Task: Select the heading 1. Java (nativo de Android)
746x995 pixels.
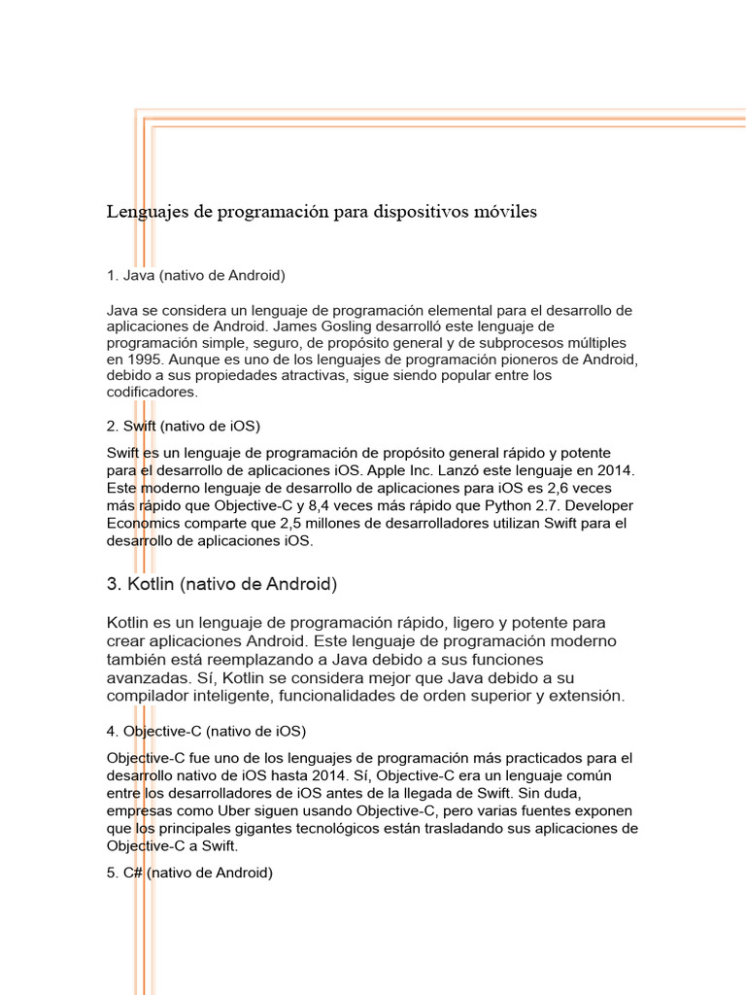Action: pos(195,275)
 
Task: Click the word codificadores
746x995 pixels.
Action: pos(151,393)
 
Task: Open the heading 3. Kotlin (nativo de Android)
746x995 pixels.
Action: pos(221,585)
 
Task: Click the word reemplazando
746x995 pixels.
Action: pos(287,662)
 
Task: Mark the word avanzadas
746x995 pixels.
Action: pos(149,679)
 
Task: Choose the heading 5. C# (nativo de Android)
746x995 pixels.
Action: pos(189,873)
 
